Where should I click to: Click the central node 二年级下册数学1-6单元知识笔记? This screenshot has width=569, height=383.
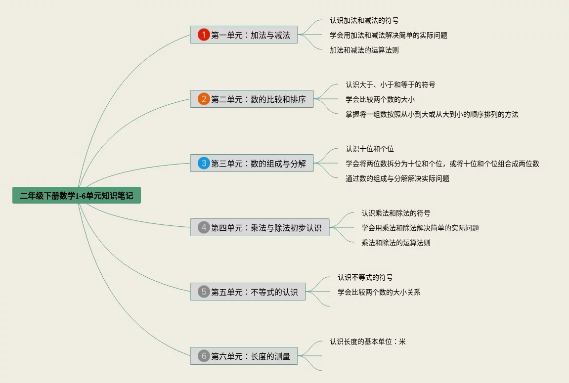click(x=77, y=196)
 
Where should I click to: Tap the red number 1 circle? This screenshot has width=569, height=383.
click(x=204, y=35)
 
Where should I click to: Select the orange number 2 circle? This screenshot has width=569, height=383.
click(x=204, y=99)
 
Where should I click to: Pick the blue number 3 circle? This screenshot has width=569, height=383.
click(x=204, y=163)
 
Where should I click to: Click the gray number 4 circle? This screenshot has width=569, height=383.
click(x=204, y=227)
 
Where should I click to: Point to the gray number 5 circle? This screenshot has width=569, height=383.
click(x=204, y=292)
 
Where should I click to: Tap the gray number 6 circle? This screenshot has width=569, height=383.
click(x=204, y=356)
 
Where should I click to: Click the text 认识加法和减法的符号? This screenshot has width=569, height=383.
click(x=364, y=20)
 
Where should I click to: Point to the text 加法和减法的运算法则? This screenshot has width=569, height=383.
click(x=364, y=50)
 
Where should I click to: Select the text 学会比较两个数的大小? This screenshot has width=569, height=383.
click(x=380, y=99)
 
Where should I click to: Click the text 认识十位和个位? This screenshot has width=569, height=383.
click(x=369, y=149)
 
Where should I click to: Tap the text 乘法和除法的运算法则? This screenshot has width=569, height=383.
click(x=395, y=243)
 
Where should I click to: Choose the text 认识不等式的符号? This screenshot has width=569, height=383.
click(x=365, y=277)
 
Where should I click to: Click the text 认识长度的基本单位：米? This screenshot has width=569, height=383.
click(x=367, y=341)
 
